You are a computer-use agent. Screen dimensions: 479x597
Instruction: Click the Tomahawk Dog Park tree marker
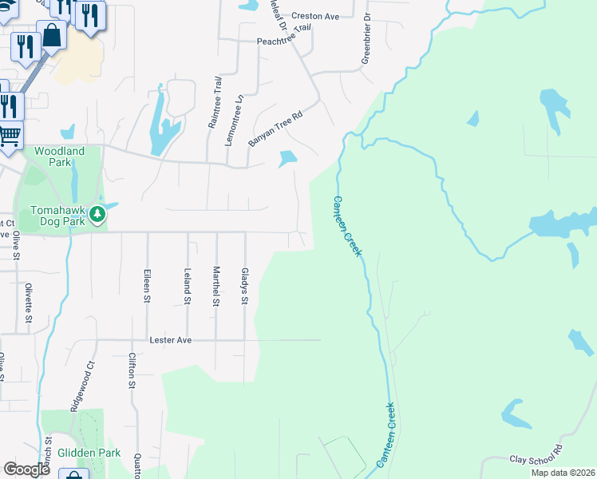97,214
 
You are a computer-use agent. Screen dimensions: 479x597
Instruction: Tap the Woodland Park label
59,156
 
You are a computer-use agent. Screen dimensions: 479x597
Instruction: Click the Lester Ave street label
171,339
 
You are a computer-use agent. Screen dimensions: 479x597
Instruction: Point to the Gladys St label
245,286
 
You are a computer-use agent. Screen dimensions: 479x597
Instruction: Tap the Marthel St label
215,286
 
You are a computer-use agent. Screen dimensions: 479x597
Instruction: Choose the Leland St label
188,286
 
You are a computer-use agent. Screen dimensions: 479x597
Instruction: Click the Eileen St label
147,285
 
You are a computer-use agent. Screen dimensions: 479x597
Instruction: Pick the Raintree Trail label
213,102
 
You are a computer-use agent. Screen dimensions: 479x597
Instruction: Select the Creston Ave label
315,15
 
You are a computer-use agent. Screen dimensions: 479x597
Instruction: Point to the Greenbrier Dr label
366,38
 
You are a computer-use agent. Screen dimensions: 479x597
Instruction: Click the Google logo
26,469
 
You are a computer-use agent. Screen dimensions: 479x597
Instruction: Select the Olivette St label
28,302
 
